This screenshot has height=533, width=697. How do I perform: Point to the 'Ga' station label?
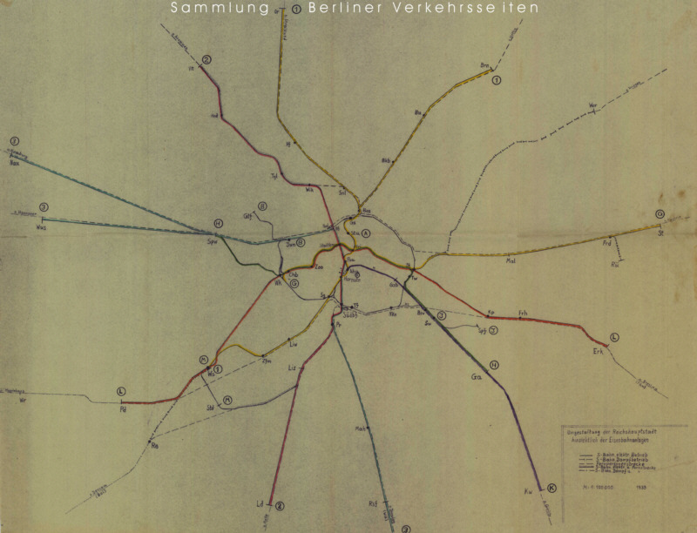[x=477, y=377]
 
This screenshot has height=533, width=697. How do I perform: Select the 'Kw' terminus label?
[x=528, y=493]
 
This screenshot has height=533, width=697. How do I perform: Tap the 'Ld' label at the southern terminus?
[x=259, y=505]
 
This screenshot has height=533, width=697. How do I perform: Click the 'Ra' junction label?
[x=154, y=447]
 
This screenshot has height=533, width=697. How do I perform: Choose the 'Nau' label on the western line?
[x=14, y=162]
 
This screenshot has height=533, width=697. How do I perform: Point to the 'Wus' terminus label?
[x=41, y=227]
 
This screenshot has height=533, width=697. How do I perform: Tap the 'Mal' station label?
[x=511, y=260]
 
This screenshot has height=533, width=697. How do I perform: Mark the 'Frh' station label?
[x=523, y=312]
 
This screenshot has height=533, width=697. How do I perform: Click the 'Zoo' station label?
[x=318, y=266]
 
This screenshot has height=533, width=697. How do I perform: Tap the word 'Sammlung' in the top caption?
[x=207, y=8]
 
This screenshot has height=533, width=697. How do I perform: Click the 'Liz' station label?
[x=292, y=368]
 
